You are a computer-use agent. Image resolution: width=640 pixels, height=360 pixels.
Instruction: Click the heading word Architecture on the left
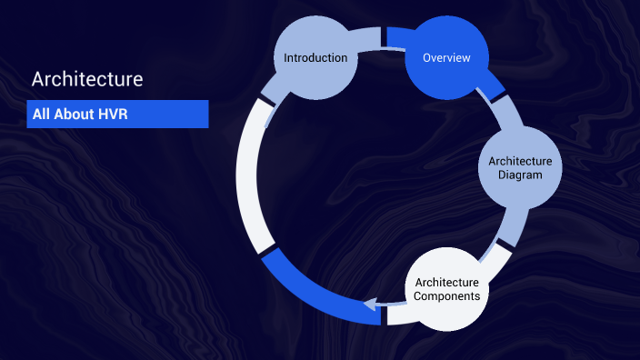pyautogui.click(x=87, y=79)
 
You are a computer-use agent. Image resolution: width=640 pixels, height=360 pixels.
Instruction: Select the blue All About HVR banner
pyautogui.click(x=117, y=115)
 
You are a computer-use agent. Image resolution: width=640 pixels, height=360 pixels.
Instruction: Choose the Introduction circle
pyautogui.click(x=315, y=58)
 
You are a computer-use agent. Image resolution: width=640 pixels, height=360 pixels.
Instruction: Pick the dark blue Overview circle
pyautogui.click(x=446, y=58)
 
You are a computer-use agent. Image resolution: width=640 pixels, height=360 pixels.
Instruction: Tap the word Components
pyautogui.click(x=446, y=295)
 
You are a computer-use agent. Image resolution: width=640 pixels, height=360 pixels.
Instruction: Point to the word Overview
pyautogui.click(x=446, y=58)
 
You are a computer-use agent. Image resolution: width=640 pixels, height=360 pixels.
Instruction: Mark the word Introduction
pyautogui.click(x=315, y=58)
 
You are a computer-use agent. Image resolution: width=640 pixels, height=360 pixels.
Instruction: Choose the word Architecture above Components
pyautogui.click(x=446, y=281)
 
